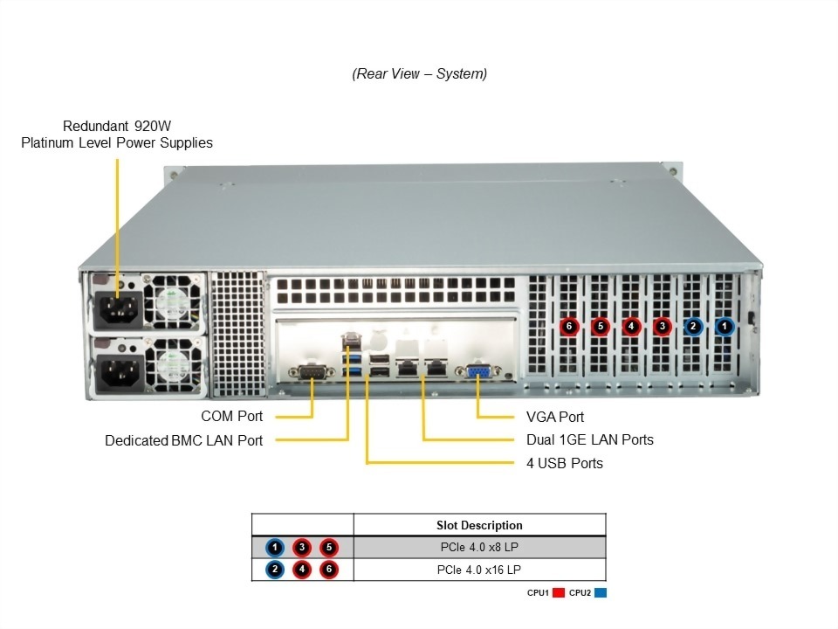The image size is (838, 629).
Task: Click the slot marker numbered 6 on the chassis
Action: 569,327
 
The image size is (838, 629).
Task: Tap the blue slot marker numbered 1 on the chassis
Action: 725,327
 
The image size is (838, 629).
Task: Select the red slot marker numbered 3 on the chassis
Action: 663,327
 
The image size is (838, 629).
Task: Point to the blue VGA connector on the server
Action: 479,372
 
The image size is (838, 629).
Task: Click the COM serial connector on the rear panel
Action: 312,374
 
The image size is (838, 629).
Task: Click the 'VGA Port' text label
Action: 555,417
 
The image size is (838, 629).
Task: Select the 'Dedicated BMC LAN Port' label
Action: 183,440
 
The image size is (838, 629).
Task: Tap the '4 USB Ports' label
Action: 564,463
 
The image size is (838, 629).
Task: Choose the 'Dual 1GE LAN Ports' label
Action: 589,439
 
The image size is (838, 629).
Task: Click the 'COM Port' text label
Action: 231,417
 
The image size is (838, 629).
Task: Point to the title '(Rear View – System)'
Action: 419,74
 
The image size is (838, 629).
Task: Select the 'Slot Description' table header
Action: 479,525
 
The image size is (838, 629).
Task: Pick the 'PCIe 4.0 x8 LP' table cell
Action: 479,548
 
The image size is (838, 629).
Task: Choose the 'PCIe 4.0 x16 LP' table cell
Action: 479,570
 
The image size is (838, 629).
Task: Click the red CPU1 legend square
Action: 559,592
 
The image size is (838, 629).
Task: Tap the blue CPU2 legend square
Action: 601,592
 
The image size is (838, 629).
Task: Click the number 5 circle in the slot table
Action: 328,548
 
